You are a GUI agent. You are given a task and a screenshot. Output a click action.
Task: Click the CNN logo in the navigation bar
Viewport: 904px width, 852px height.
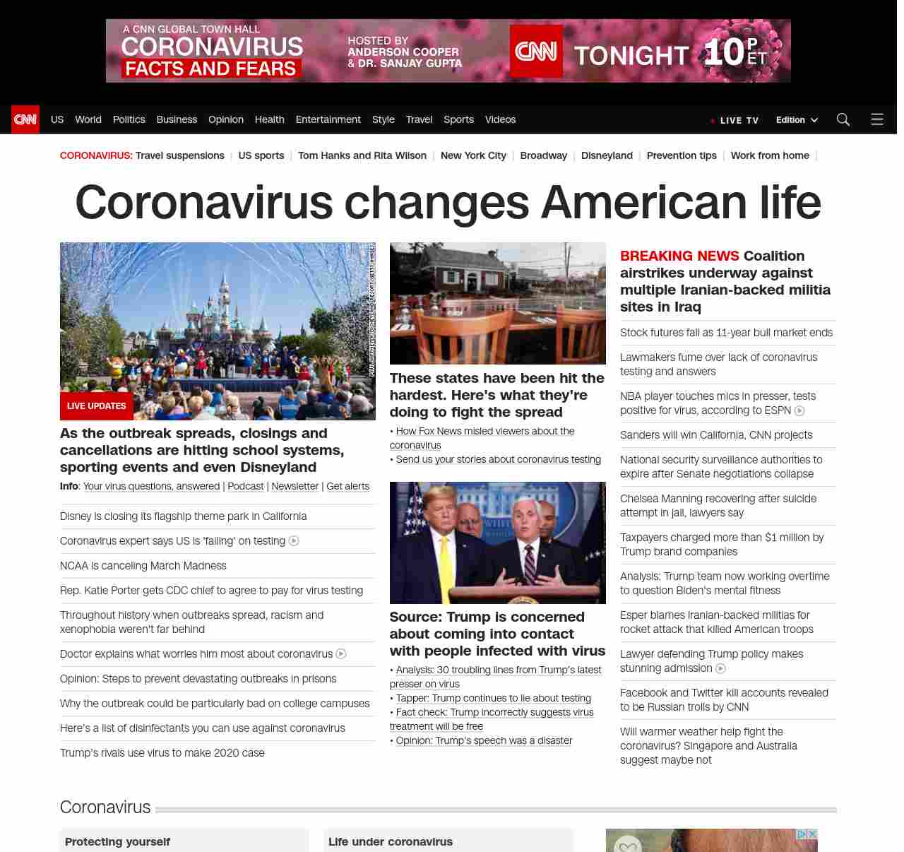(x=25, y=119)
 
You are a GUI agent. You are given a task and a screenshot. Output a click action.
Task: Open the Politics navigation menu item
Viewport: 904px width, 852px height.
(x=129, y=119)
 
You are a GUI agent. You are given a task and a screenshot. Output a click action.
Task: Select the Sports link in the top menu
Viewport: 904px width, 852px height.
(x=458, y=119)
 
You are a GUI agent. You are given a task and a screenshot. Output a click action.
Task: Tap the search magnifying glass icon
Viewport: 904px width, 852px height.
(x=843, y=119)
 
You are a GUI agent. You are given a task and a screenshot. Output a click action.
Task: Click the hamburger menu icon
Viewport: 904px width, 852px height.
(x=877, y=119)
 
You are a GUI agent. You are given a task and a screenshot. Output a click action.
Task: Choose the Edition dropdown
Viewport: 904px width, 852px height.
(x=796, y=120)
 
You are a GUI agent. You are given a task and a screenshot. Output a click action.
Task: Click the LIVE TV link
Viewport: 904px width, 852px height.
(x=735, y=121)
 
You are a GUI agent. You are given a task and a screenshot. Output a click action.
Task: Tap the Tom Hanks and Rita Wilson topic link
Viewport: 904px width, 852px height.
(x=362, y=155)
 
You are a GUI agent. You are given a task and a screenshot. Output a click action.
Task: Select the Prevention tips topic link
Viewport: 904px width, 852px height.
(x=682, y=155)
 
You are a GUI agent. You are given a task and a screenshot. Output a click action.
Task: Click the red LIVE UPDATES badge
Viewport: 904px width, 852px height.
(x=96, y=406)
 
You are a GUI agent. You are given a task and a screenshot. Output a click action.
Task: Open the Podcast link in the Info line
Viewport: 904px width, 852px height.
(x=245, y=486)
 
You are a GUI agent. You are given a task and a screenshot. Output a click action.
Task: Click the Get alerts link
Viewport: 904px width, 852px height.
(x=347, y=486)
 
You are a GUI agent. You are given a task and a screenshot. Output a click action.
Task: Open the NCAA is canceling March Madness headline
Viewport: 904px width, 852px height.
(x=143, y=566)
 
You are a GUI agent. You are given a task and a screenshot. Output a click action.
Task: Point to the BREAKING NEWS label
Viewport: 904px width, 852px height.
(x=679, y=256)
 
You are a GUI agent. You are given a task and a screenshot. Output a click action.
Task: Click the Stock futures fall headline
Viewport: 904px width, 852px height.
(x=726, y=333)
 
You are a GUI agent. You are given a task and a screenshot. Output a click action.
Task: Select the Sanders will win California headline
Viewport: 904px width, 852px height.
(x=716, y=435)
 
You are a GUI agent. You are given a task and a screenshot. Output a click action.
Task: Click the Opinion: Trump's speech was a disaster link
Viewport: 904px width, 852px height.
(x=484, y=740)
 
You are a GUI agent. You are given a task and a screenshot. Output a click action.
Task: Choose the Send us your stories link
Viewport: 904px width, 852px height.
(x=498, y=459)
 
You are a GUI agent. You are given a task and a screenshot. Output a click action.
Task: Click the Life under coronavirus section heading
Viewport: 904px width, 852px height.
(x=391, y=841)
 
